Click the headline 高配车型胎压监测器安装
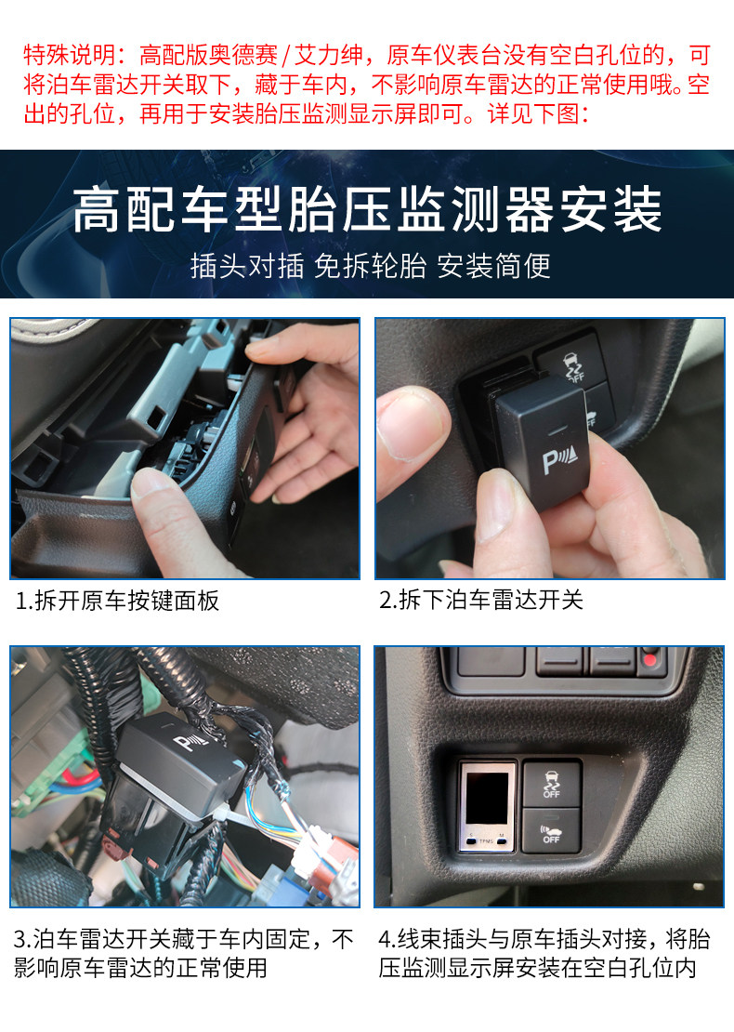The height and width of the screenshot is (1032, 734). click(x=367, y=209)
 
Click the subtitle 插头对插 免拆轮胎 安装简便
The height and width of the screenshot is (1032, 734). click(x=371, y=267)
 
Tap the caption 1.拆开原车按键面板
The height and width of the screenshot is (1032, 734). click(x=117, y=601)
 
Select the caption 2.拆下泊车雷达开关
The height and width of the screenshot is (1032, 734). click(x=480, y=600)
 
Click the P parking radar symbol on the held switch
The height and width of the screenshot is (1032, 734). click(x=559, y=458)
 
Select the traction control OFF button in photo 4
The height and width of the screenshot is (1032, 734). click(x=552, y=783)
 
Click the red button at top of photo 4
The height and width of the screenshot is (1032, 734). click(x=650, y=658)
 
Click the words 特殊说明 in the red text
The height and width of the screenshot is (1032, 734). click(x=70, y=55)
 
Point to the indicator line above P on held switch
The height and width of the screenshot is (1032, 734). click(x=557, y=430)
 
